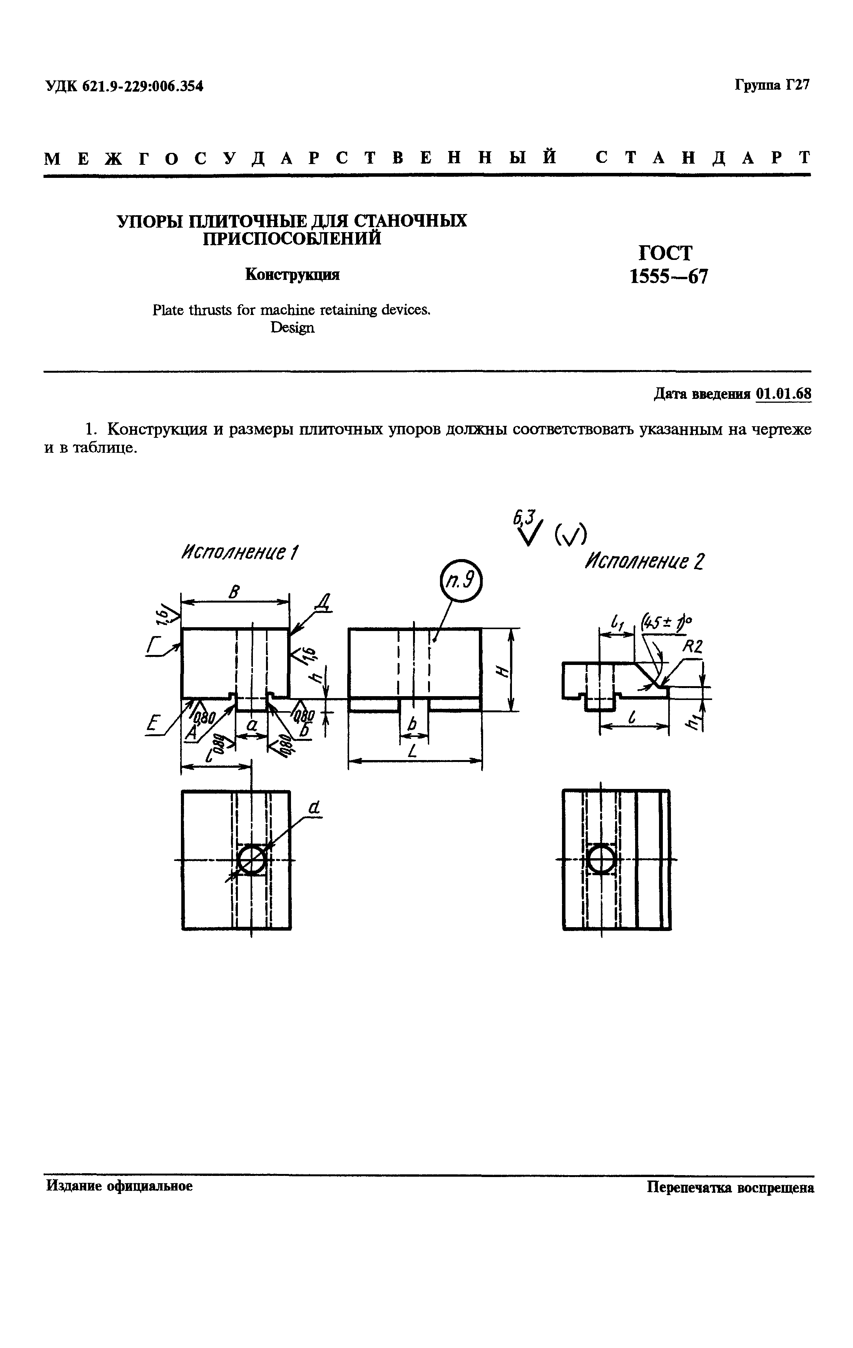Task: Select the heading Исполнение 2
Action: [x=644, y=561]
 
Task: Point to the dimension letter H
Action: [x=502, y=671]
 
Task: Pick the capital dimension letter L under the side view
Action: [x=413, y=752]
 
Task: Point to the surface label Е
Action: [x=151, y=726]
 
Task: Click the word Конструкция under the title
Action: [x=293, y=275]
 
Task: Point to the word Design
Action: [x=292, y=328]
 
